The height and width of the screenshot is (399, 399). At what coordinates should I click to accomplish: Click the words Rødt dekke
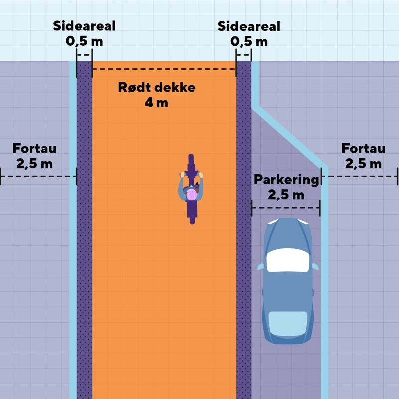point(157,88)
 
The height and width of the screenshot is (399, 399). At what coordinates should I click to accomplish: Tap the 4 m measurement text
point(156,103)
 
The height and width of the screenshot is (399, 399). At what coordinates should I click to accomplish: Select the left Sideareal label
point(84,26)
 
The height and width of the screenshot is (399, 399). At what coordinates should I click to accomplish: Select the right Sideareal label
point(249,26)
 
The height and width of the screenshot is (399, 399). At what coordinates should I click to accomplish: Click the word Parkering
point(286,180)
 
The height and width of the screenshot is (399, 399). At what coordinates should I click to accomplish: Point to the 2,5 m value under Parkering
point(286,195)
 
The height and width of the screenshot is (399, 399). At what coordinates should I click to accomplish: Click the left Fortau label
point(34,148)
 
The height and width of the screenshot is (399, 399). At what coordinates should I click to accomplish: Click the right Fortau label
point(363,148)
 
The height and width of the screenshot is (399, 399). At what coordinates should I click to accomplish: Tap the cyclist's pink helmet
point(191,194)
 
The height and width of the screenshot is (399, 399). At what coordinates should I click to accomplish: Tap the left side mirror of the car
point(260,267)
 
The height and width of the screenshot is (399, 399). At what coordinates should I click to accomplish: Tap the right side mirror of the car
point(315,267)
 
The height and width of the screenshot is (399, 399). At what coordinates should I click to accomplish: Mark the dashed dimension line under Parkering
point(286,207)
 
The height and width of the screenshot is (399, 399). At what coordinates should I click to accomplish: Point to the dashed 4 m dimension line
point(164,69)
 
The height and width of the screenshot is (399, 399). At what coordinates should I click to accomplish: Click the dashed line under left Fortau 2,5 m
point(38,176)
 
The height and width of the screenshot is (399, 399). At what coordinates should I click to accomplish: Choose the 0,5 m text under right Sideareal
point(249,41)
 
